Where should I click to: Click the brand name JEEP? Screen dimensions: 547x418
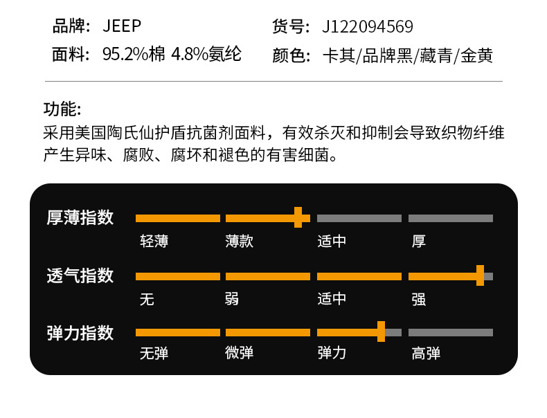coord(122,27)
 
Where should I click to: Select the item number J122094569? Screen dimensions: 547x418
coord(368,27)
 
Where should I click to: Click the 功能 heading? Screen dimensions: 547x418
coord(62,109)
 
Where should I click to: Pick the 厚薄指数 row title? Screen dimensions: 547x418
coord(80,217)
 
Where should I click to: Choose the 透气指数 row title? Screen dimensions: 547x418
coord(80,275)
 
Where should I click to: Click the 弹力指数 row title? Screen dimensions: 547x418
coord(80,333)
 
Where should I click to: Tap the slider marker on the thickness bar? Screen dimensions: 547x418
coord(298,217)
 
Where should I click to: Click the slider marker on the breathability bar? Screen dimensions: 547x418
coord(480,275)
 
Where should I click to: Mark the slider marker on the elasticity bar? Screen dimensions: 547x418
coord(381,332)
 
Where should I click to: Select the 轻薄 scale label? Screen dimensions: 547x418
coord(154,242)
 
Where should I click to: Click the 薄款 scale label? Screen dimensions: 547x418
coord(240,242)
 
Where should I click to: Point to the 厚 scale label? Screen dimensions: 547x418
coord(418,242)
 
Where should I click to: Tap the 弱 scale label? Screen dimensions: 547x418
coord(232,299)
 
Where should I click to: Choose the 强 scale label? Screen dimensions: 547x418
coord(418,299)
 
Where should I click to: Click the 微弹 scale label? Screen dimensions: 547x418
coord(240,354)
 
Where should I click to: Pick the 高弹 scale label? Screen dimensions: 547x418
coord(426,354)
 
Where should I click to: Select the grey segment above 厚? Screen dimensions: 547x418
coord(451,218)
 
